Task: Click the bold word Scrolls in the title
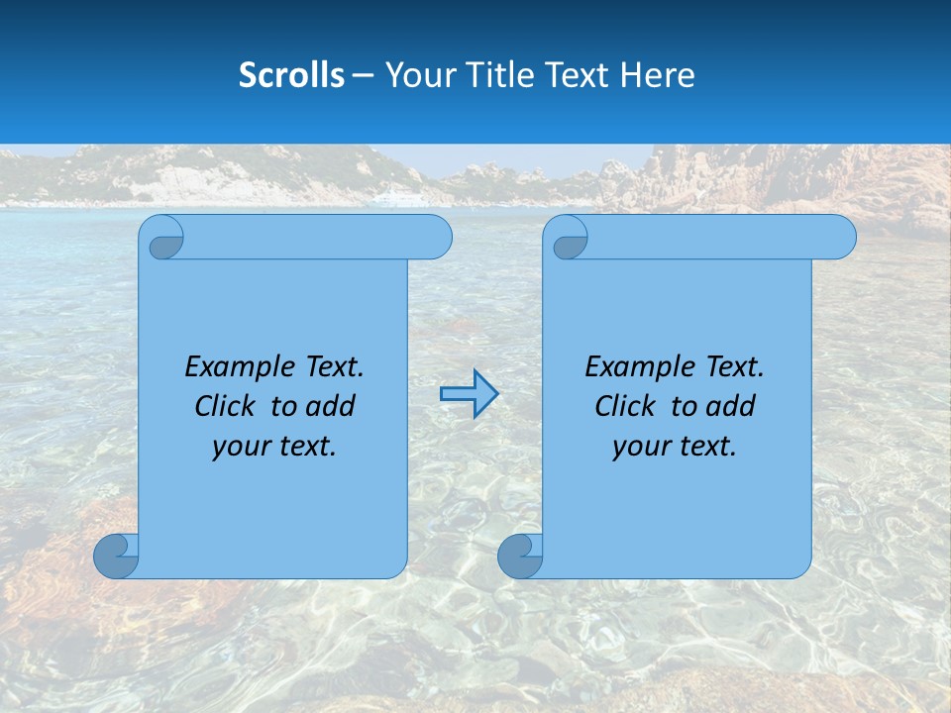pyautogui.click(x=291, y=75)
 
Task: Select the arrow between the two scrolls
pyautogui.click(x=469, y=394)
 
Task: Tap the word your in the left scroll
pyautogui.click(x=237, y=447)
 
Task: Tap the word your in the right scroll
pyautogui.click(x=637, y=447)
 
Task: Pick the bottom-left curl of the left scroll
pyautogui.click(x=116, y=556)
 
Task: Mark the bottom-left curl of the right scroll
pyautogui.click(x=520, y=556)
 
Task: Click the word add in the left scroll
pyautogui.click(x=332, y=406)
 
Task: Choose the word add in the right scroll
pyautogui.click(x=732, y=406)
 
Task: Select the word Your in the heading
pyautogui.click(x=415, y=75)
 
